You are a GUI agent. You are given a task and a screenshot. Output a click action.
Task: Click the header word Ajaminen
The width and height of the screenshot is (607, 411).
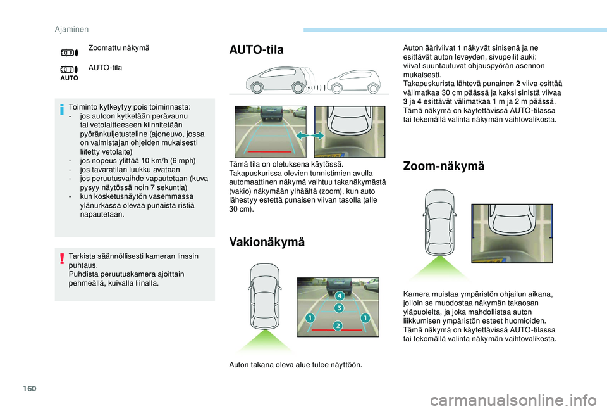70,28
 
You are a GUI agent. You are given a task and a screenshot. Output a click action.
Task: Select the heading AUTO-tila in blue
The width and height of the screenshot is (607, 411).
256,50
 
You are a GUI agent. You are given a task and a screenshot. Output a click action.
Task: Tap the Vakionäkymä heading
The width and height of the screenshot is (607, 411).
266,242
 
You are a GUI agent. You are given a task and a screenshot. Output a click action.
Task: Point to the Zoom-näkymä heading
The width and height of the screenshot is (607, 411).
443,166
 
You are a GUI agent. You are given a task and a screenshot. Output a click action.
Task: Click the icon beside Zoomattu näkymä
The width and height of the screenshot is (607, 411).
69,53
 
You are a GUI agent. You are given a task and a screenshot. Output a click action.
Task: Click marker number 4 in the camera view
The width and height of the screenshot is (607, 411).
339,296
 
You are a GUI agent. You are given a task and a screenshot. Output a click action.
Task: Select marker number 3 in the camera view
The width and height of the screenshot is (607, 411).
338,308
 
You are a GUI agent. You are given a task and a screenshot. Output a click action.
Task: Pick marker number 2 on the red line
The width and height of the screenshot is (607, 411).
338,326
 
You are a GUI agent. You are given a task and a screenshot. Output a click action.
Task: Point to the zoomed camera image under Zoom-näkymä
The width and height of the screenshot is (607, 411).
512,232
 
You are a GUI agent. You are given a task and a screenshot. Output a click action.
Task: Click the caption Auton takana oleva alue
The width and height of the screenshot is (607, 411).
295,364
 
